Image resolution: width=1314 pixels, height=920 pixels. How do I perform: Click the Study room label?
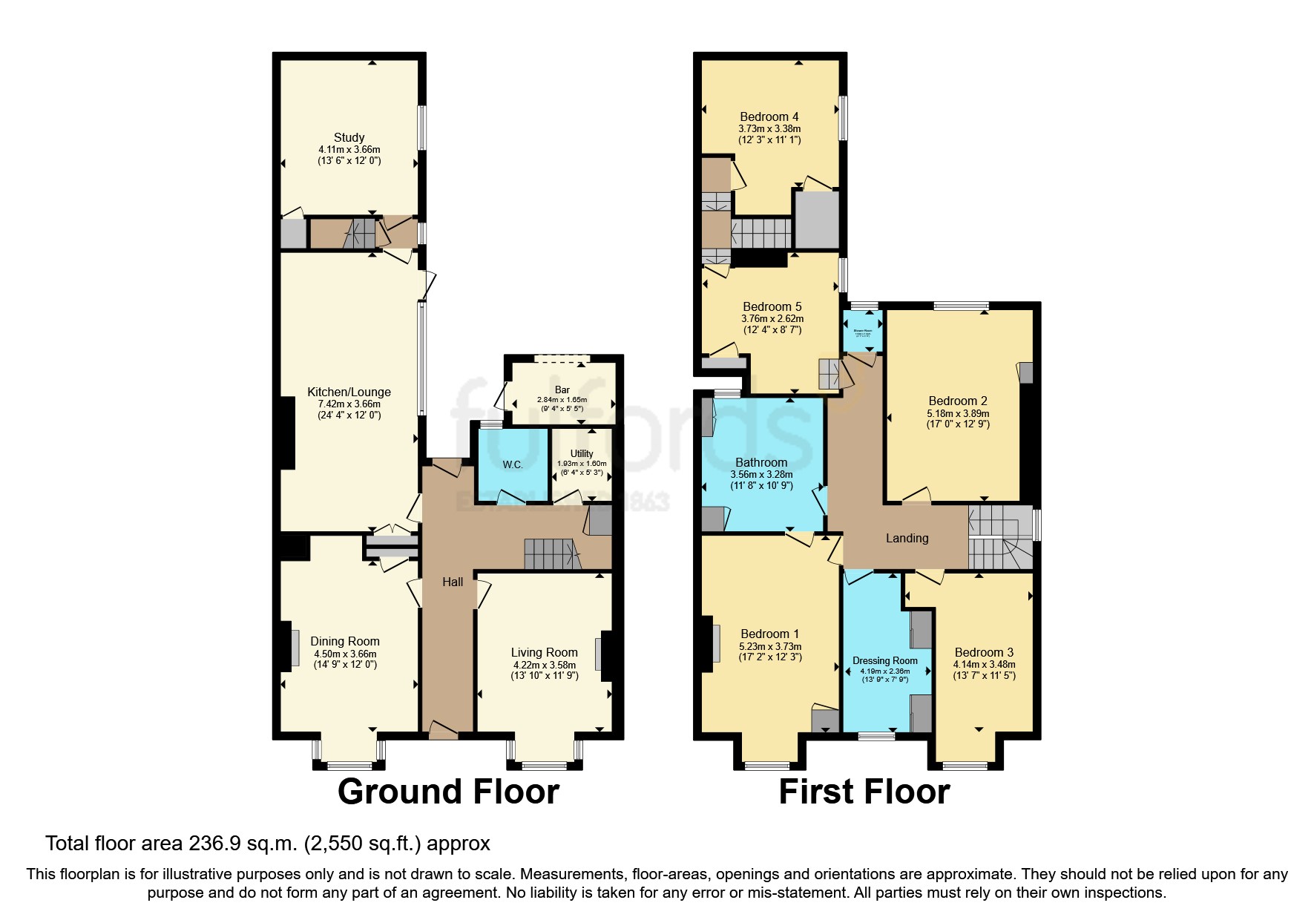pyautogui.click(x=349, y=137)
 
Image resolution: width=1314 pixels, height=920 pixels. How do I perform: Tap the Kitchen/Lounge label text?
pyautogui.click(x=349, y=392)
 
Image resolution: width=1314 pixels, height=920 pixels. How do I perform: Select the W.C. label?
pyautogui.click(x=513, y=464)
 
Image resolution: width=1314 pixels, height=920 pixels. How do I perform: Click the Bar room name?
pyautogui.click(x=562, y=390)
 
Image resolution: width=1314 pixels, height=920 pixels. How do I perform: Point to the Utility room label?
pyautogui.click(x=582, y=453)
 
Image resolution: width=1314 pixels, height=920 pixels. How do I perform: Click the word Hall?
pyautogui.click(x=453, y=582)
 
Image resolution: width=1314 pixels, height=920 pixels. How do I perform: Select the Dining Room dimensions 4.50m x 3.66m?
pyautogui.click(x=345, y=654)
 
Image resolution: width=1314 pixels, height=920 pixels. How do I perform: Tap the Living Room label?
pyautogui.click(x=544, y=652)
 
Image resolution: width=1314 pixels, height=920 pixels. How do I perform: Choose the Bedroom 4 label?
pyautogui.click(x=769, y=116)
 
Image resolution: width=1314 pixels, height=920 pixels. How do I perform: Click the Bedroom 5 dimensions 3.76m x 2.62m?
pyautogui.click(x=772, y=318)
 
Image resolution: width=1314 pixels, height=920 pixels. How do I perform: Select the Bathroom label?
pyautogui.click(x=761, y=462)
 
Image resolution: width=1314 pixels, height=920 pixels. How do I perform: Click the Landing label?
pyautogui.click(x=907, y=538)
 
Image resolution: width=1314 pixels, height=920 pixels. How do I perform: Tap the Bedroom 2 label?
pyautogui.click(x=957, y=401)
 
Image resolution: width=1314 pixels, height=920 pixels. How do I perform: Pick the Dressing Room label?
pyautogui.click(x=884, y=660)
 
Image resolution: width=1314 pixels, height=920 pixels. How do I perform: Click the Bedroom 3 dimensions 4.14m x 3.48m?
pyautogui.click(x=984, y=665)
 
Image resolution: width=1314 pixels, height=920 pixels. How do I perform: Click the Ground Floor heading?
pyautogui.click(x=448, y=792)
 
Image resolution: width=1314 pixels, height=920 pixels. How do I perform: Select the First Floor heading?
pyautogui.click(x=864, y=792)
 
